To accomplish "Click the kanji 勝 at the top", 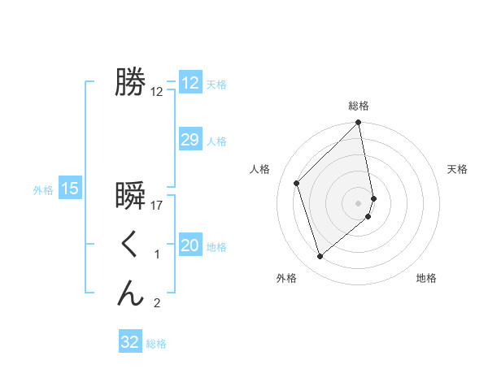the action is pos(130,82).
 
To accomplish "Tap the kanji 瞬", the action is pos(130,196).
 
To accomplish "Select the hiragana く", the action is pos(130,245).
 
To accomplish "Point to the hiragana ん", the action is pos(130,293).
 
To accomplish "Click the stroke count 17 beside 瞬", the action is pos(157,206).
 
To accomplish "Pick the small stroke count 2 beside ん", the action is pos(157,304).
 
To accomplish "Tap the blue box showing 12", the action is pos(190,83).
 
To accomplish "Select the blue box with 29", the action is pos(190,140).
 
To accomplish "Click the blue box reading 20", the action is pos(190,245).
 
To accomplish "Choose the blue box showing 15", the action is pos(70,189).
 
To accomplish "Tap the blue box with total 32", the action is pos(130,342).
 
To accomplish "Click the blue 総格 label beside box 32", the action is pos(156,344).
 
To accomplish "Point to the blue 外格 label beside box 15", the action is pos(43,190).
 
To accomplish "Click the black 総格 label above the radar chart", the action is pos(359,106).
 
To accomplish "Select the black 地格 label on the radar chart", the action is pos(426,279).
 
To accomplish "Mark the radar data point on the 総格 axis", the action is pos(359,124).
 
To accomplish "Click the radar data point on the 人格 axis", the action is pos(297,183).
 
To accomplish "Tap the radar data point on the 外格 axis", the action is pos(320,257).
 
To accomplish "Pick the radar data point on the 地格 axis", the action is pos(368,216).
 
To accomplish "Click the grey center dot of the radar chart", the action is pos(359,202).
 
